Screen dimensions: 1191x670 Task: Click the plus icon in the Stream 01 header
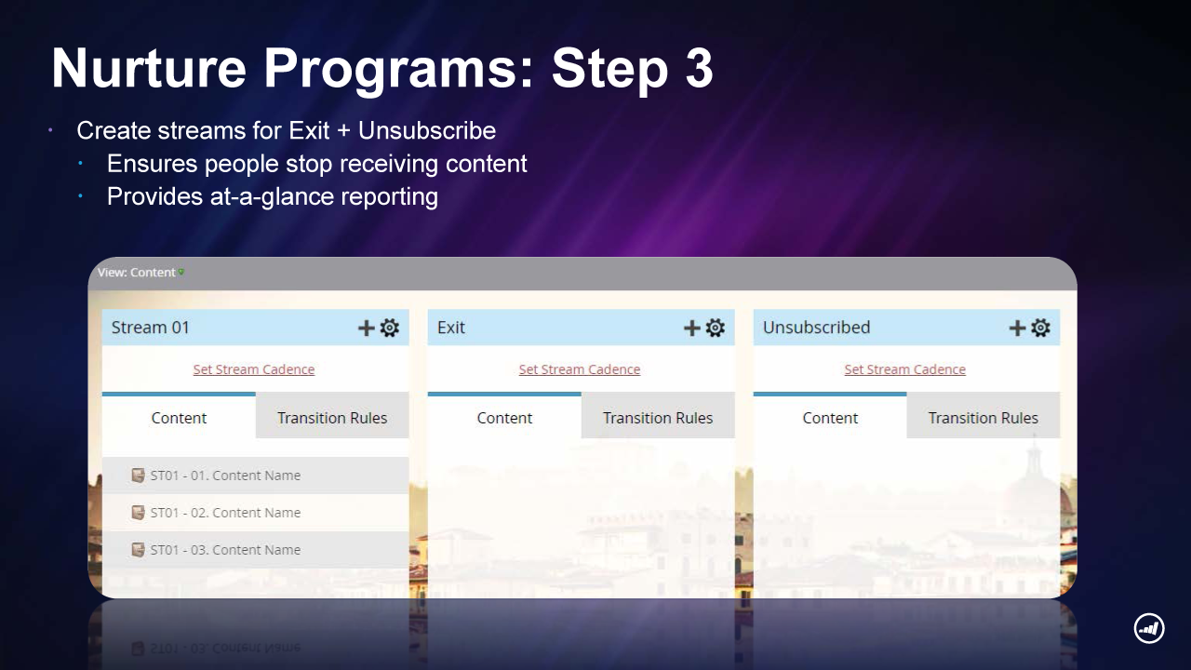coord(366,328)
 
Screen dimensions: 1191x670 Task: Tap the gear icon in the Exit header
coord(716,328)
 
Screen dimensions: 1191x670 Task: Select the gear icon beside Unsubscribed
coord(1040,328)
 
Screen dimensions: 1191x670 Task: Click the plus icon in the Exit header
coord(691,328)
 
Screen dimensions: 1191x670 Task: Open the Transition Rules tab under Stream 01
coord(332,418)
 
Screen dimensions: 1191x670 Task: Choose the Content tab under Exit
coord(504,418)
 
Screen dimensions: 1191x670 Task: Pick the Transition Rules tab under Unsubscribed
coord(984,418)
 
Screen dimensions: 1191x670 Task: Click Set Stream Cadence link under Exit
coord(580,369)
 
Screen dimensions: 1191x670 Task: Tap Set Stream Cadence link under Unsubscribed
coord(905,369)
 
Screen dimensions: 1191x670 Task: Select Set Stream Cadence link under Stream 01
coord(254,369)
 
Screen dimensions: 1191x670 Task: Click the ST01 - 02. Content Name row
coord(256,513)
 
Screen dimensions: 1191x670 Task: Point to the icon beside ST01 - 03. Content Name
coord(138,549)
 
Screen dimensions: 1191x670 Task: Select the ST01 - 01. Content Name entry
coord(256,476)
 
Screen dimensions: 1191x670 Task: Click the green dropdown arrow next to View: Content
coord(181,273)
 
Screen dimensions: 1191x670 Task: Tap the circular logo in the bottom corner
coord(1149,628)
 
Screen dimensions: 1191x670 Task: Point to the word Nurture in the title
coord(149,68)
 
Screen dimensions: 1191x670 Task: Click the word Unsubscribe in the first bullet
coord(427,130)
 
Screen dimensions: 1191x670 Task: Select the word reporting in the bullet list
coord(390,196)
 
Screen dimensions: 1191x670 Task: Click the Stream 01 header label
coord(151,328)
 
